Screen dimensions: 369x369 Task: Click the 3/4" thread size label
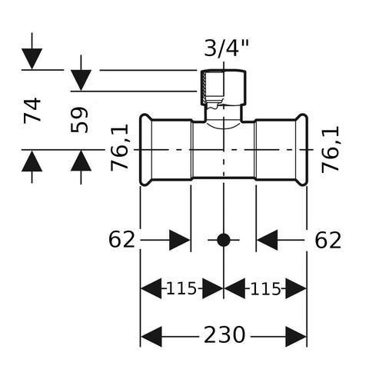(x=227, y=48)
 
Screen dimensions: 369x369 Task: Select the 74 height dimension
(x=32, y=111)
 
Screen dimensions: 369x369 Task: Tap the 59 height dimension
(x=79, y=120)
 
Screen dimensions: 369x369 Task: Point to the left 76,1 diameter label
(x=119, y=148)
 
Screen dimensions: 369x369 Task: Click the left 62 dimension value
(x=121, y=240)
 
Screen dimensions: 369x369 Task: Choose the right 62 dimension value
(x=328, y=241)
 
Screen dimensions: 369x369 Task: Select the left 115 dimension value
(x=181, y=289)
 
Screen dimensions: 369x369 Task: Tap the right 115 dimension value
(x=265, y=289)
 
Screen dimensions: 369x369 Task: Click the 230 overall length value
(x=224, y=334)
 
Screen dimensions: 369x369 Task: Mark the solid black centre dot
(x=224, y=240)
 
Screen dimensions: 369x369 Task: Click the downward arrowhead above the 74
(x=32, y=58)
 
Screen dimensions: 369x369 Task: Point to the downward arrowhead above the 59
(x=81, y=80)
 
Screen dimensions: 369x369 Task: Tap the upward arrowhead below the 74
(x=32, y=161)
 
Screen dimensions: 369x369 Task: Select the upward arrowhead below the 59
(x=81, y=160)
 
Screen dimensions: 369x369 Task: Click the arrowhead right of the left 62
(x=180, y=240)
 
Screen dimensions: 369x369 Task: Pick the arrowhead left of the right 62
(x=268, y=240)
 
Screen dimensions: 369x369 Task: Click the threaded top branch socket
(x=223, y=88)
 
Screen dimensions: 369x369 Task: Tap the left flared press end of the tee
(x=145, y=150)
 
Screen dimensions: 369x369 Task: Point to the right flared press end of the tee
(x=301, y=150)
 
